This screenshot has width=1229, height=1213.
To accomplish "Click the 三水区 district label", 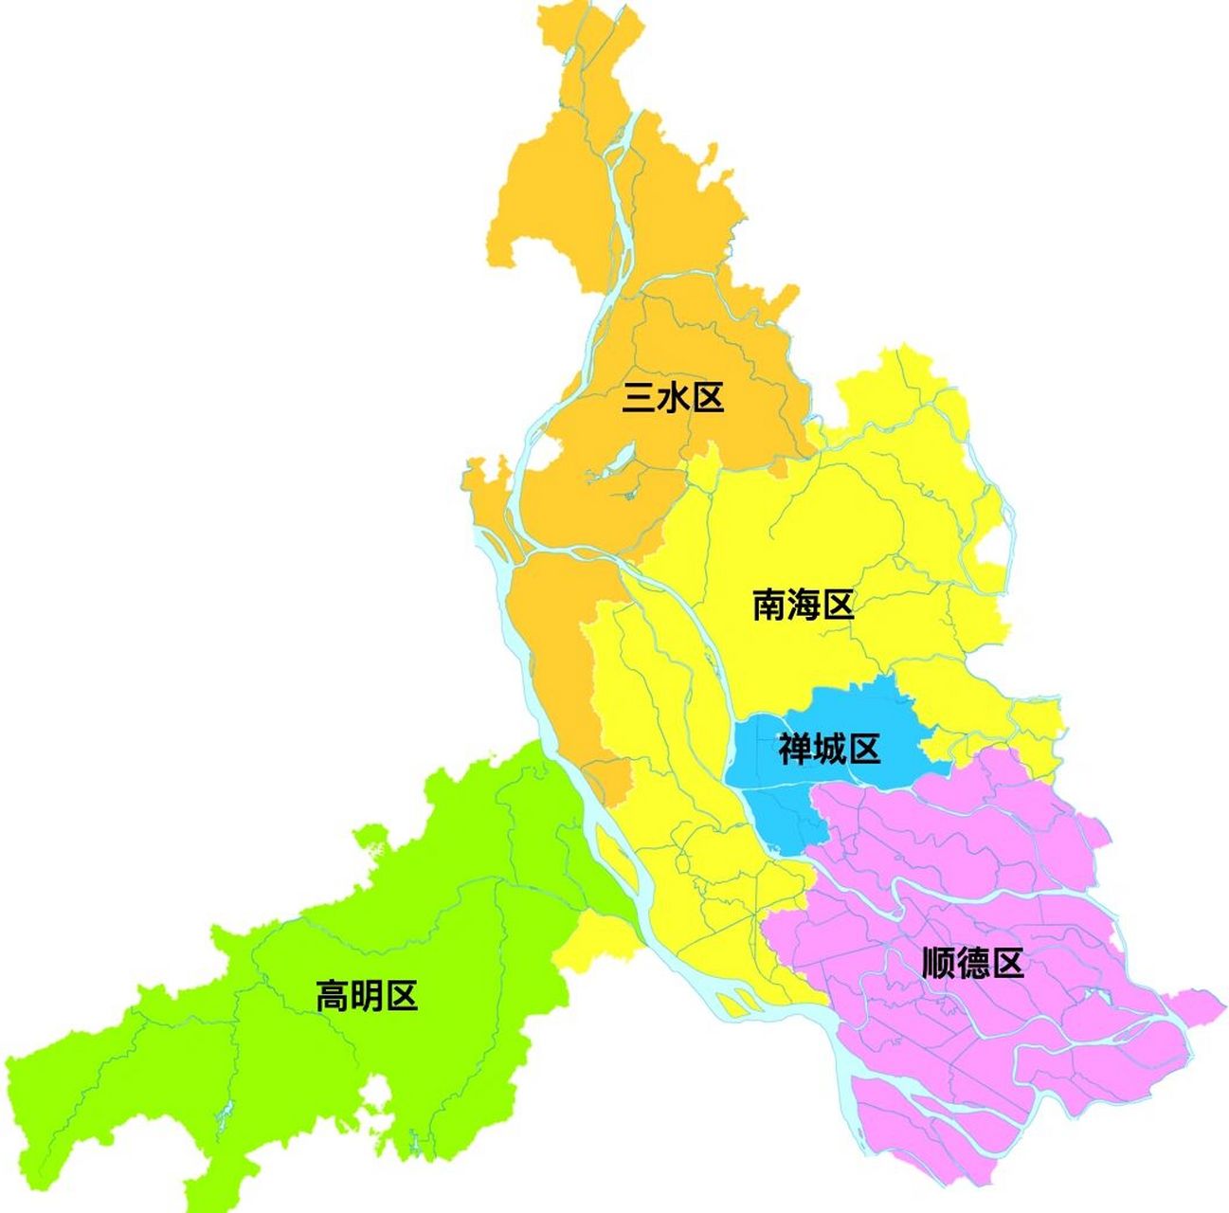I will pos(673,398).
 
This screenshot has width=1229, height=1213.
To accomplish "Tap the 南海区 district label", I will pos(804,604).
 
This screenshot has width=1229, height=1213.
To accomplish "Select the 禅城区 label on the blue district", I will pos(829,749).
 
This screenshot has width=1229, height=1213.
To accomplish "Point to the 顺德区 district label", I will pos(973,964).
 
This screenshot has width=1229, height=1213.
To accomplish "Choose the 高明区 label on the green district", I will pos(366,996).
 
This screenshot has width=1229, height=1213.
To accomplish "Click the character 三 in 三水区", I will pos(639,398).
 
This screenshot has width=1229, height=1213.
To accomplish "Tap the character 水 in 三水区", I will pos(673,398).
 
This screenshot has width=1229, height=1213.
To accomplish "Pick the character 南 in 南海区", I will pos(769,604).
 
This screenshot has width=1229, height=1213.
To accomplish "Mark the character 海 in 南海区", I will pos(804,604).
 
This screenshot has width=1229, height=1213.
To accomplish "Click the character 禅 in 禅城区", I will pos(795,749).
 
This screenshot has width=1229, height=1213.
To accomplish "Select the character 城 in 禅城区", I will pos(829,749).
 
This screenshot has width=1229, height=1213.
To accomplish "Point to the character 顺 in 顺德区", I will pos(938,964).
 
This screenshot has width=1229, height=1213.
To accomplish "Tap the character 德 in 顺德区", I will pos(973,964).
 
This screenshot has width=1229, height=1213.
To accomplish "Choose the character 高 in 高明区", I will pos(332,996).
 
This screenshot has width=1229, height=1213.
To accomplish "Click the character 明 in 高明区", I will pos(366,996).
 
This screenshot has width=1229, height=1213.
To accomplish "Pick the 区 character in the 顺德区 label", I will pos(1007,964).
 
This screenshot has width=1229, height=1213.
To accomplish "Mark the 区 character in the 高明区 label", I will pos(400,996).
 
